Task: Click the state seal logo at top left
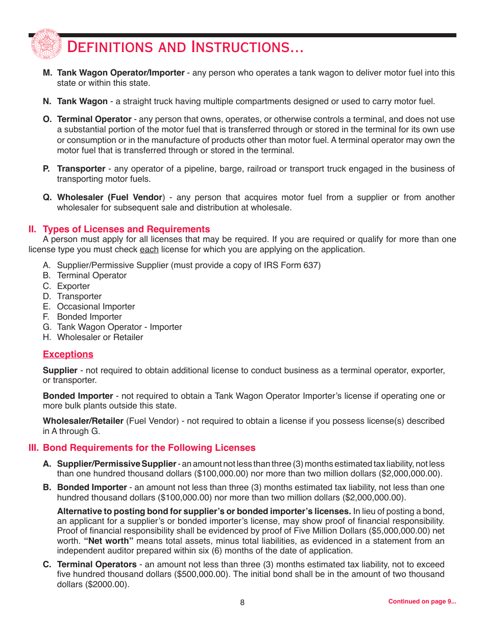[x=45, y=44]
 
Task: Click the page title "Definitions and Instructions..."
[x=185, y=47]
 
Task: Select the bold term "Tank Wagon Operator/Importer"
[x=120, y=73]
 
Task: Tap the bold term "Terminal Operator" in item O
[x=94, y=119]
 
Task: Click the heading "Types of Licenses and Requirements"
[x=126, y=229]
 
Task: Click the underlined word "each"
[x=149, y=250]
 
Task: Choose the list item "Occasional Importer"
[x=96, y=306]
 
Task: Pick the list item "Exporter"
[x=74, y=286]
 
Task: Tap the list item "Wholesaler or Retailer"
[x=100, y=337]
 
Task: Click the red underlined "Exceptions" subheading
[x=68, y=354]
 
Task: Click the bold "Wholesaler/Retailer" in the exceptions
[x=83, y=421]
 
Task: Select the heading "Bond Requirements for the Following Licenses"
[x=149, y=448]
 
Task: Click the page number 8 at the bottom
[x=243, y=602]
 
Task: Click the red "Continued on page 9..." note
[x=422, y=601]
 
